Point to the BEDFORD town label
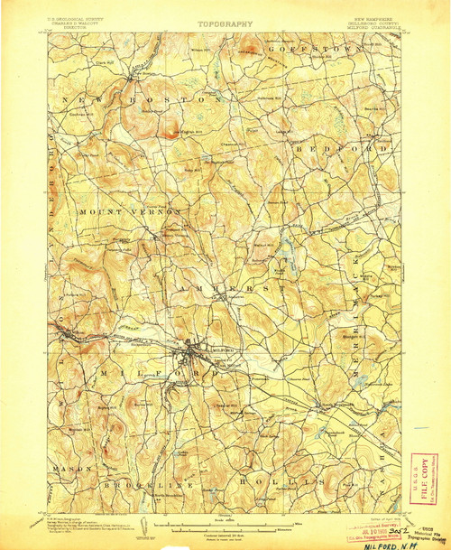pos(366,147)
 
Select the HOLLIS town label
pos(271,483)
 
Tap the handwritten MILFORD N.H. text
pos(398,541)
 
